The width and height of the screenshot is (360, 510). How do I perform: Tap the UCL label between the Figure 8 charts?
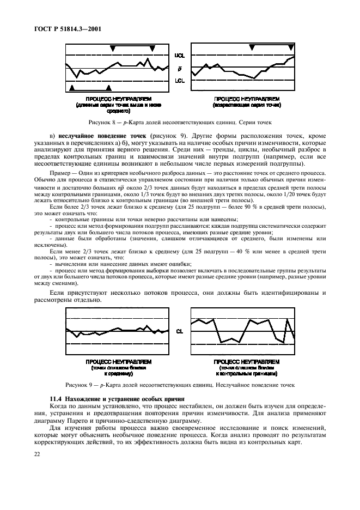coord(179,56)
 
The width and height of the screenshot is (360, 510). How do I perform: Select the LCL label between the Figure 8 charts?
coord(179,81)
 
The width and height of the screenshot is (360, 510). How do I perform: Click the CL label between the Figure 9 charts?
coord(180,331)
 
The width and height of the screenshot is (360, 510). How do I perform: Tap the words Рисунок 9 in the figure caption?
coord(80,385)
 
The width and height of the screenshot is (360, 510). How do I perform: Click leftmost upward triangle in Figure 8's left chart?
coord(72,87)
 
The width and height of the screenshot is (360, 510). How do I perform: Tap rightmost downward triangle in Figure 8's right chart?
coord(289,48)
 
